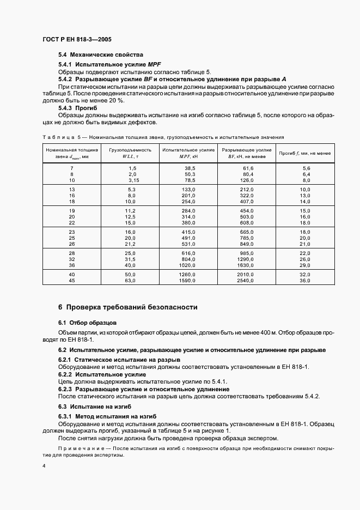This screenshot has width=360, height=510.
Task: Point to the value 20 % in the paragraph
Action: click(117, 101)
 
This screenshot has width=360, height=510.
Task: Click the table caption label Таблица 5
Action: click(60, 137)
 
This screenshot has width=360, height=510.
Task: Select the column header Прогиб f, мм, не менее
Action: click(305, 153)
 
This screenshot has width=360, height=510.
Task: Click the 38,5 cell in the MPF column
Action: click(189, 168)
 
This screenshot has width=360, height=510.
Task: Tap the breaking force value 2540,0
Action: click(246, 280)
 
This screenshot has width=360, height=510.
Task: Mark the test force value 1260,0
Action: click(187, 274)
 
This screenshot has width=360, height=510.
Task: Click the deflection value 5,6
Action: click(305, 168)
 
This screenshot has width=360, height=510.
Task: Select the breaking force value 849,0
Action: click(248, 244)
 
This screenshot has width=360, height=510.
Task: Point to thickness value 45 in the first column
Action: click(71, 280)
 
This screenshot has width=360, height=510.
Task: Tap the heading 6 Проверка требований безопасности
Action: click(127, 307)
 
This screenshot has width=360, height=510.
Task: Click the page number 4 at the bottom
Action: click(44, 466)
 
